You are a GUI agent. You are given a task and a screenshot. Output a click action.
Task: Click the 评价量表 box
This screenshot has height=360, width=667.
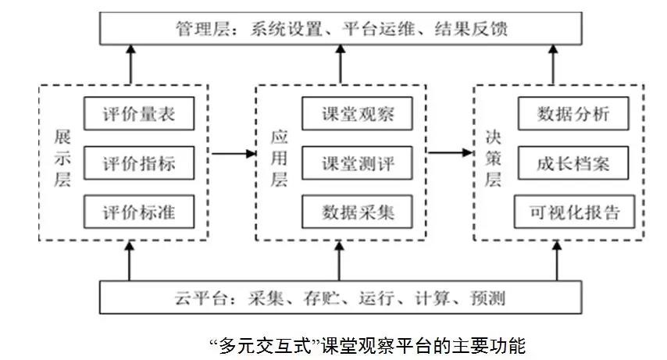pyautogui.click(x=139, y=113)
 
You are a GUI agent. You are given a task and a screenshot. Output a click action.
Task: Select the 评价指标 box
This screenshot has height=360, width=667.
pyautogui.click(x=139, y=163)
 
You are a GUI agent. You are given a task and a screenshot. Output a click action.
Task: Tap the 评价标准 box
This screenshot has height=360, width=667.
pyautogui.click(x=139, y=212)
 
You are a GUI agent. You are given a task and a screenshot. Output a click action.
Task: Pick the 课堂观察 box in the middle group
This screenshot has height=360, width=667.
pyautogui.click(x=358, y=113)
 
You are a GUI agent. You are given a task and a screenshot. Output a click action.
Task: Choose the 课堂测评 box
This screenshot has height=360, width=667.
pyautogui.click(x=358, y=163)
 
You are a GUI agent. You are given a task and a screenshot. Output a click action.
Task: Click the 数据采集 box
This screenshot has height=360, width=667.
pyautogui.click(x=358, y=212)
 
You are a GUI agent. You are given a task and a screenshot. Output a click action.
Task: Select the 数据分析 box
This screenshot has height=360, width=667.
pyautogui.click(x=573, y=113)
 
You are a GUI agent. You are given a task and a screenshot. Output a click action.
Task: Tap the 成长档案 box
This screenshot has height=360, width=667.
pyautogui.click(x=573, y=163)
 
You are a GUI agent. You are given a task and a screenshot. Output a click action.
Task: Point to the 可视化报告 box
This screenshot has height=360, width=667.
pyautogui.click(x=575, y=212)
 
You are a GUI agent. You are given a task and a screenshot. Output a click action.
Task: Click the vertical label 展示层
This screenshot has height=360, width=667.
pyautogui.click(x=62, y=159)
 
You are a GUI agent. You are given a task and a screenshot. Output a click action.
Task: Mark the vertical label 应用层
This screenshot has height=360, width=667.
pyautogui.click(x=279, y=159)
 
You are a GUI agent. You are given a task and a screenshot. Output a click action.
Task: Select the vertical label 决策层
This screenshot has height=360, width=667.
pyautogui.click(x=493, y=159)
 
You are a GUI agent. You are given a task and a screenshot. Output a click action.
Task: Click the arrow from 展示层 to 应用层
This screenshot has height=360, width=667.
pyautogui.click(x=234, y=153)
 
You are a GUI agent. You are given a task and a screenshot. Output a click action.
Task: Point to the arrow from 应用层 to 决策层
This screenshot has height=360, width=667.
pyautogui.click(x=451, y=152)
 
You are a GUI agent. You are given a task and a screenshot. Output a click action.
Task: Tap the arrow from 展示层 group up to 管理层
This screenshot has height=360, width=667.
pyautogui.click(x=130, y=64)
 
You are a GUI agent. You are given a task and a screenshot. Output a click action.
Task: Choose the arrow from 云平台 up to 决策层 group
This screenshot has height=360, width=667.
pyautogui.click(x=557, y=260)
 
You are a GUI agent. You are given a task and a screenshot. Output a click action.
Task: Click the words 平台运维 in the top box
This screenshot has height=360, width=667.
pyautogui.click(x=379, y=29)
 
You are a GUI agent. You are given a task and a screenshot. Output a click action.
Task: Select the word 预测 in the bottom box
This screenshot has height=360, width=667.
pyautogui.click(x=487, y=298)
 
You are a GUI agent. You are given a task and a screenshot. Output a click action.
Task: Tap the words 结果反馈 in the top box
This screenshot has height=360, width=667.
pyautogui.click(x=471, y=29)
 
